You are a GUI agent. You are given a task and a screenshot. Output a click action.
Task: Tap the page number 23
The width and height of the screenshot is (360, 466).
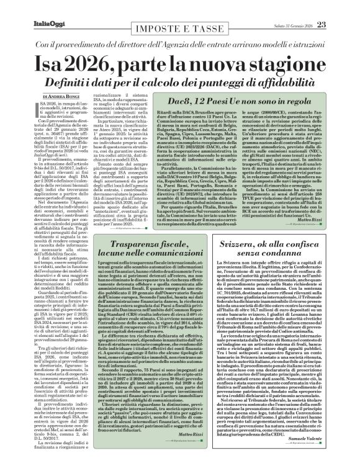coord(322,24)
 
